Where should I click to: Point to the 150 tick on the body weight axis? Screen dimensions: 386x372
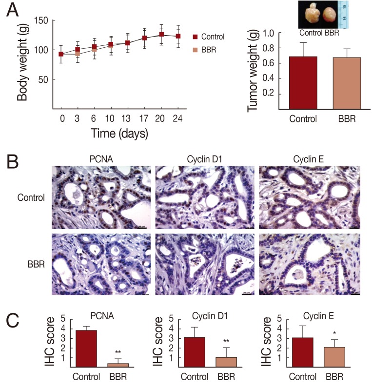point(44,20)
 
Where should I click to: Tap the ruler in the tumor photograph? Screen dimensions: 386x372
point(344,15)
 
